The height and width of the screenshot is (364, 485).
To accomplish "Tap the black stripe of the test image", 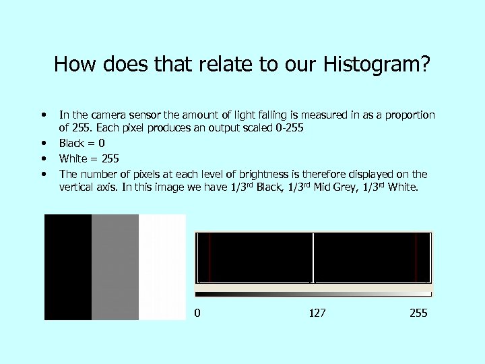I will pyautogui.click(x=67, y=267).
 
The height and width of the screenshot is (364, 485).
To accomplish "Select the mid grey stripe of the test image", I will pyautogui.click(x=115, y=267).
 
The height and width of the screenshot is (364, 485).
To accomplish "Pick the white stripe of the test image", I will pyautogui.click(x=162, y=267).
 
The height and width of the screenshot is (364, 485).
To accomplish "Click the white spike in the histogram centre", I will pyautogui.click(x=313, y=257).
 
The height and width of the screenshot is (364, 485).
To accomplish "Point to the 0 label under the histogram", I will pyautogui.click(x=197, y=313).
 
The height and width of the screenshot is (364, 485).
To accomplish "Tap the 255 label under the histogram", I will pyautogui.click(x=418, y=313).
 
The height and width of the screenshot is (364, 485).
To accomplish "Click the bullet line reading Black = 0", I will pyautogui.click(x=82, y=143).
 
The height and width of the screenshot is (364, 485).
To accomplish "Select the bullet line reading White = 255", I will pyautogui.click(x=89, y=158).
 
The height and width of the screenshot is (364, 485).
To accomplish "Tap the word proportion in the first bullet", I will pyautogui.click(x=410, y=115).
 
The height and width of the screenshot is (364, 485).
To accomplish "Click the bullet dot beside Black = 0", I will pyautogui.click(x=44, y=143).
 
